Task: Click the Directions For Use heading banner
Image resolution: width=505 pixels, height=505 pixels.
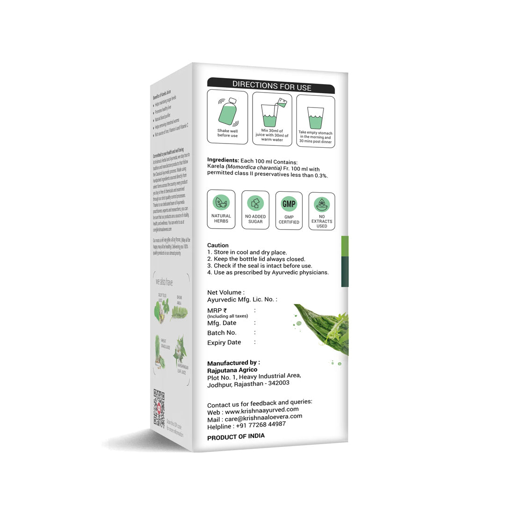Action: click(x=271, y=86)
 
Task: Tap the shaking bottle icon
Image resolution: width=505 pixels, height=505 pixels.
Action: click(x=227, y=112)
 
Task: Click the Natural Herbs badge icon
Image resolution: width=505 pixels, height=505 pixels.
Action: click(x=221, y=202)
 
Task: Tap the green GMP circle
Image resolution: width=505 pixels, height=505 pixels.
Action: click(x=289, y=204)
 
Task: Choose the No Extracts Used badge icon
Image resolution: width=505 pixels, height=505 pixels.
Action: click(x=322, y=204)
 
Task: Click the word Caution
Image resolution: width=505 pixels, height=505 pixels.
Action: click(x=218, y=245)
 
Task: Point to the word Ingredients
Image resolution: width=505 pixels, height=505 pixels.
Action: click(x=223, y=160)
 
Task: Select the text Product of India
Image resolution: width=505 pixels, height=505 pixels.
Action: click(x=236, y=436)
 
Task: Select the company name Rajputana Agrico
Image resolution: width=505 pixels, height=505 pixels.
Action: click(x=232, y=370)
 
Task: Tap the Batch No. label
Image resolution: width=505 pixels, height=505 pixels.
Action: click(x=222, y=333)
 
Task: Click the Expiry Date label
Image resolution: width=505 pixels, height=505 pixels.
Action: click(x=224, y=343)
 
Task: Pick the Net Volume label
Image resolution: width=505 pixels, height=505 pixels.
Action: click(x=225, y=293)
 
